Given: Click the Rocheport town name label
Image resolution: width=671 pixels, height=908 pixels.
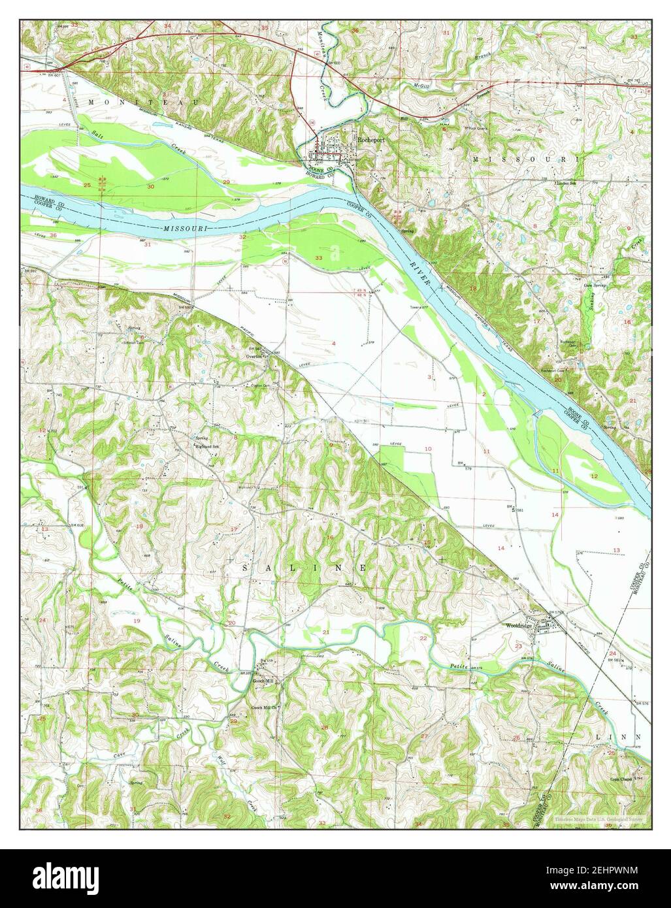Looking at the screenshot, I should (x=369, y=138).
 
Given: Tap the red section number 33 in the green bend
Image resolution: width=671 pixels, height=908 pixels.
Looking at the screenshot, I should (x=319, y=259).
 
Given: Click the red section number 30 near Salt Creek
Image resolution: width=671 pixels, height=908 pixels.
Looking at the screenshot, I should (x=150, y=187).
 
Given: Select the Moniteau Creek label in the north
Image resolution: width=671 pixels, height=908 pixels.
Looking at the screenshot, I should (x=329, y=56).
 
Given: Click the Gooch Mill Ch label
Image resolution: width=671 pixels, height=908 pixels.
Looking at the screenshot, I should (x=266, y=707).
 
